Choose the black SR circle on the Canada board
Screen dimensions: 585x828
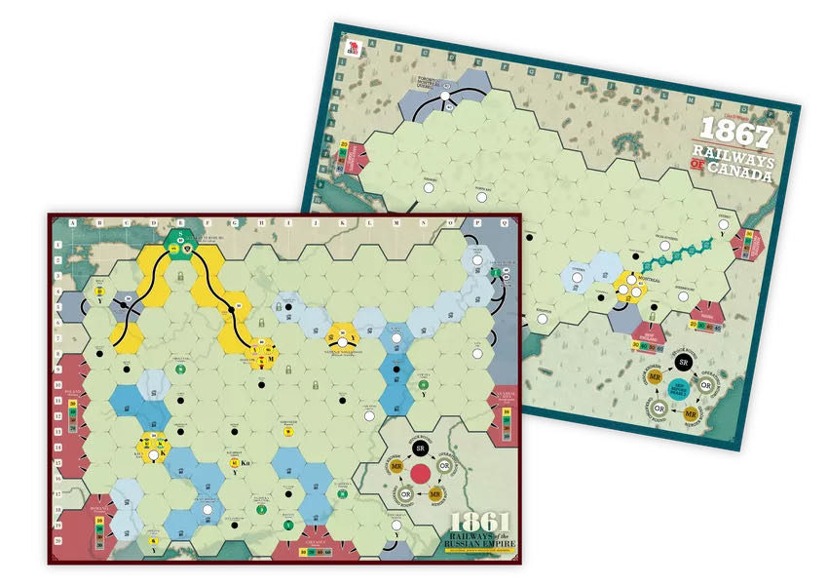click(684, 361)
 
